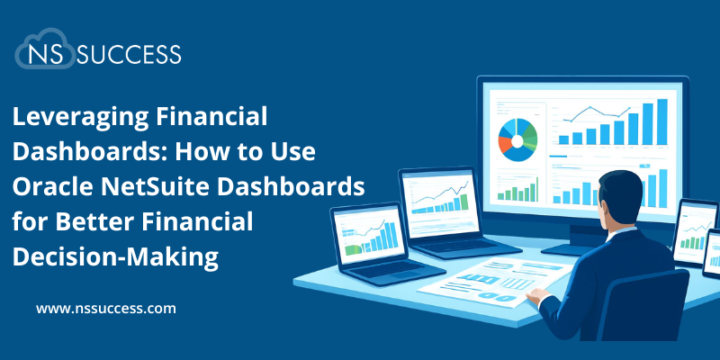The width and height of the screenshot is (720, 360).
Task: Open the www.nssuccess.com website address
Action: click(x=105, y=309)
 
